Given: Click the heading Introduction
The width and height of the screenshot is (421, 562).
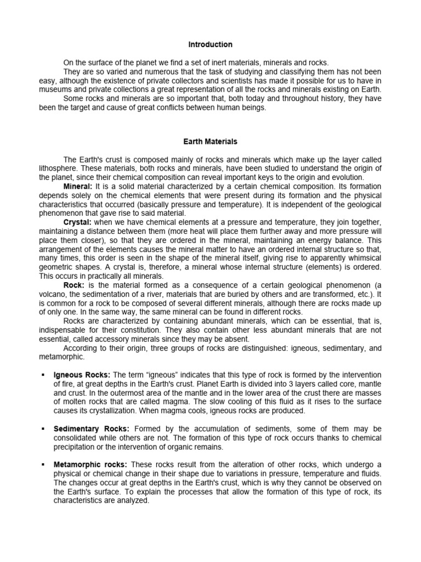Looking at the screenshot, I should click(x=210, y=44).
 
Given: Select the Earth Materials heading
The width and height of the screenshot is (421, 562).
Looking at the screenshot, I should click(x=210, y=142).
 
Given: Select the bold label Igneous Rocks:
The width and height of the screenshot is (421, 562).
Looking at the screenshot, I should click(x=82, y=374).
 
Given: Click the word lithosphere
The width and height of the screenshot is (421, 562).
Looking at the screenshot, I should click(x=57, y=168).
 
